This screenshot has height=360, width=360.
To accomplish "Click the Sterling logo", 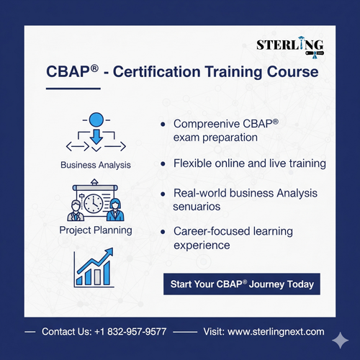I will point(290,47).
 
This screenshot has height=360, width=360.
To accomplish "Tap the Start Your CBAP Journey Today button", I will point(242,284).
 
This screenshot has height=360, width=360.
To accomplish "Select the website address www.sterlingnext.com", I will point(276,333).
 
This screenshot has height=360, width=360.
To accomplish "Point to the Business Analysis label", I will point(96,165).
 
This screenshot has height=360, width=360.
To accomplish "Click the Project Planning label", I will point(96,230).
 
